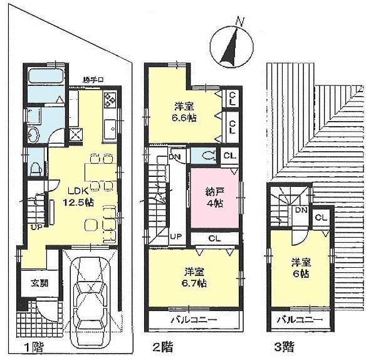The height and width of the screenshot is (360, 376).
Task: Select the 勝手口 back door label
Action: [x=92, y=79]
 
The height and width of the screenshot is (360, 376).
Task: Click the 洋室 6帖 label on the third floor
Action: [x=297, y=269]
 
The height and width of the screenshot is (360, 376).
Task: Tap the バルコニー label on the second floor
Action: [x=194, y=320]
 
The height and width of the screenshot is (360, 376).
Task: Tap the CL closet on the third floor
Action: [x=320, y=218]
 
